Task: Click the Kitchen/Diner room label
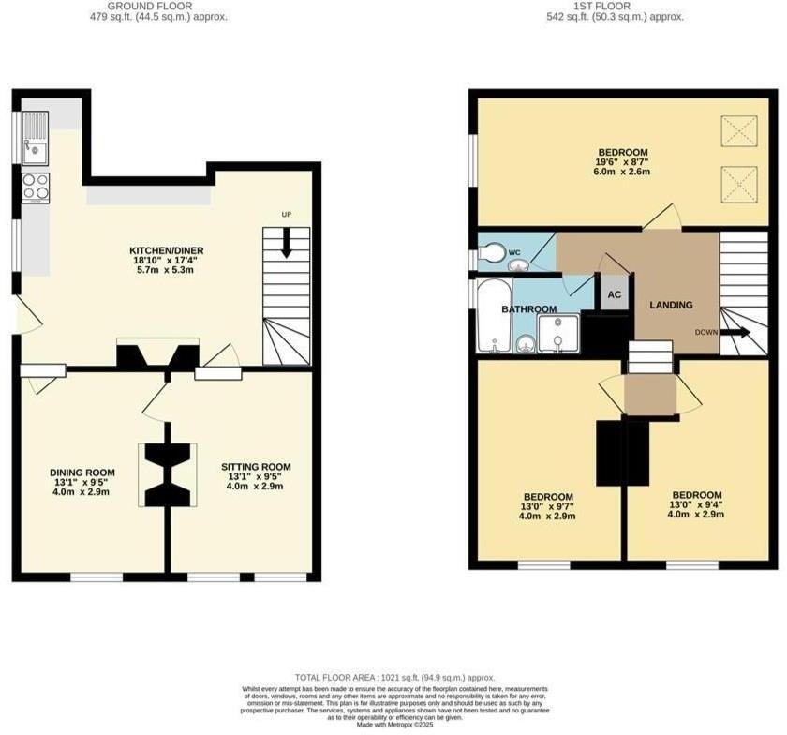(x=166, y=250)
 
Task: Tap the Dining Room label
(x=83, y=472)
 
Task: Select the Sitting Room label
(x=256, y=466)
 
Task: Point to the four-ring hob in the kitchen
(x=35, y=187)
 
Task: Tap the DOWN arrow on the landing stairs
(x=735, y=332)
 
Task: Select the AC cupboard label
(x=615, y=293)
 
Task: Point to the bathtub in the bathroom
(x=492, y=314)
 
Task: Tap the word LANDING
(x=671, y=305)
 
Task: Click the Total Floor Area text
(x=393, y=677)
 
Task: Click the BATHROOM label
(x=528, y=308)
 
